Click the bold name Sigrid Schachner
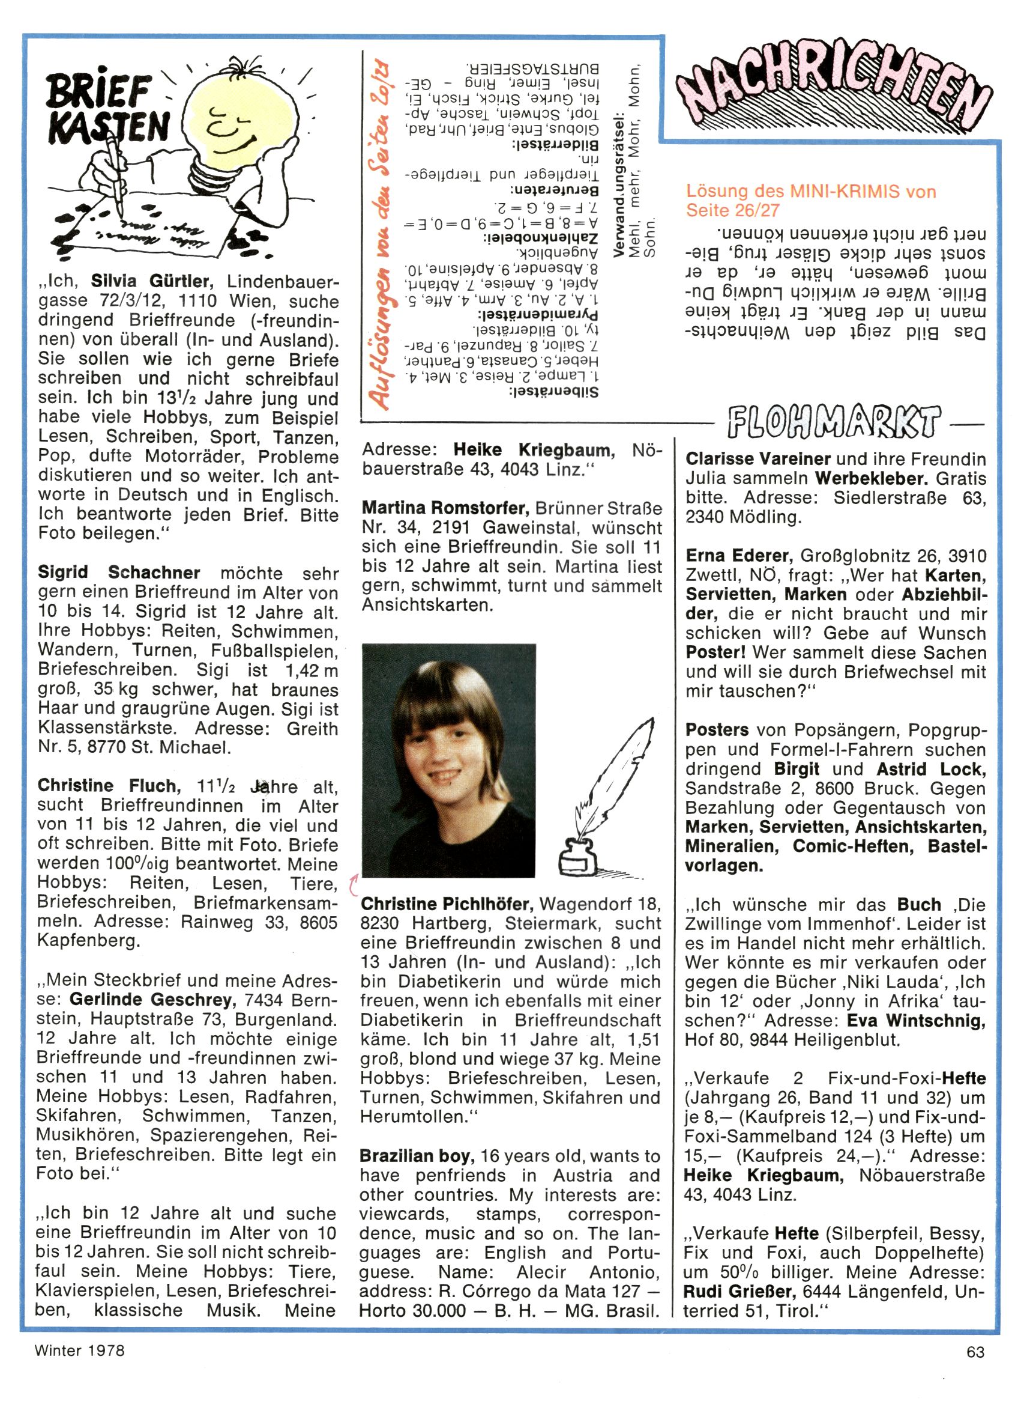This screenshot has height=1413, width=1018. [119, 572]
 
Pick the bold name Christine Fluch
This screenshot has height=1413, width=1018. [109, 786]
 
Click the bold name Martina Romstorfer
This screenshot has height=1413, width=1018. [445, 508]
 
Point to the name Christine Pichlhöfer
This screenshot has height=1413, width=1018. [446, 904]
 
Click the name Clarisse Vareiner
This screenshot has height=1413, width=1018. [757, 459]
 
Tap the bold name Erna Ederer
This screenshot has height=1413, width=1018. [738, 555]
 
